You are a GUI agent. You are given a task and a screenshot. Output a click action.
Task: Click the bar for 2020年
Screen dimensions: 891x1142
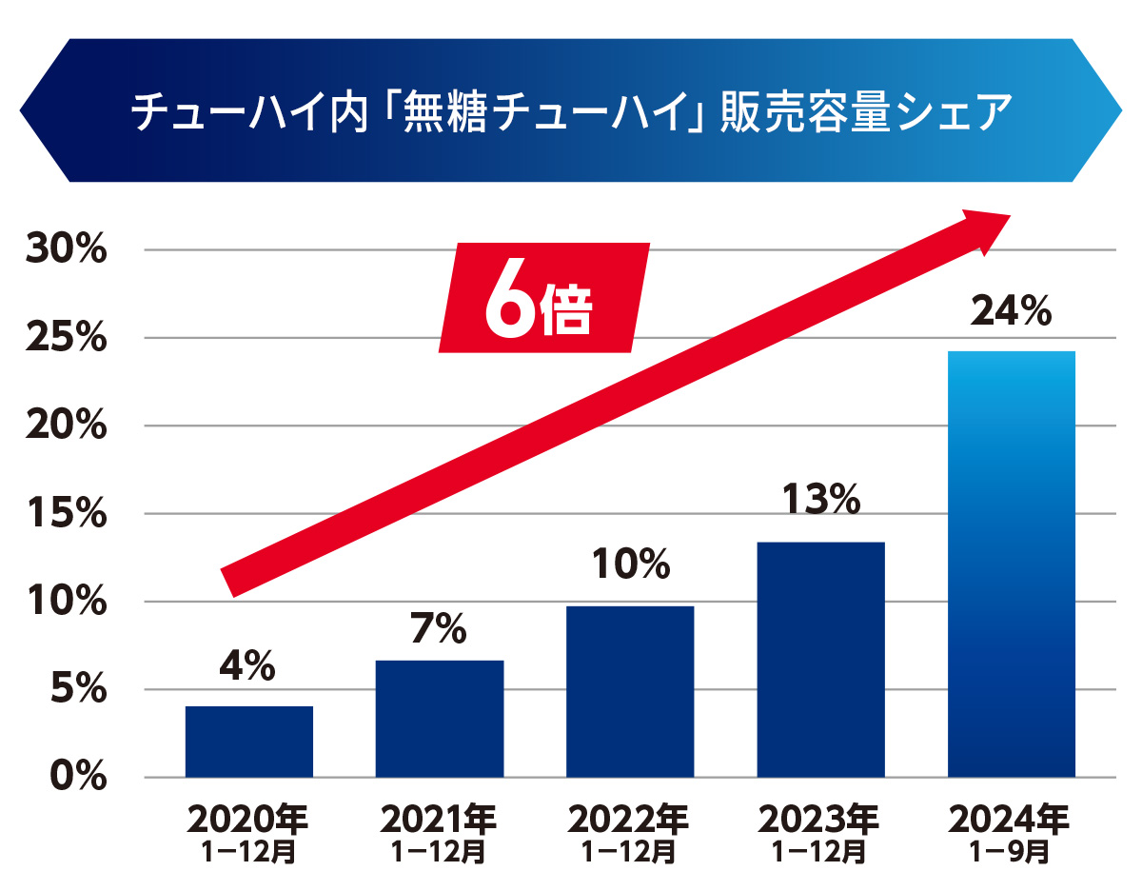pos(249,742)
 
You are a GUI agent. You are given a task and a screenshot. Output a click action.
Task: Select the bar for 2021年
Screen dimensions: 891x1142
pos(440,719)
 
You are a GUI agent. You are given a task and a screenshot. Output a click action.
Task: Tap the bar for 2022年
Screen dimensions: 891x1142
pos(630,691)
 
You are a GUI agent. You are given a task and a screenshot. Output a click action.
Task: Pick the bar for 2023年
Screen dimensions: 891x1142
pos(820,660)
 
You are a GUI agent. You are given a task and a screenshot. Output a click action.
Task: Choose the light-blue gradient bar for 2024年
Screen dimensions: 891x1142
pos(1012,564)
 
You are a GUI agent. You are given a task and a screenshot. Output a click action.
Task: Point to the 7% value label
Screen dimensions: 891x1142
pos(439,627)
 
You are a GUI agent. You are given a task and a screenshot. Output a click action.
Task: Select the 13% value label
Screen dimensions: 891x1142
pos(820,501)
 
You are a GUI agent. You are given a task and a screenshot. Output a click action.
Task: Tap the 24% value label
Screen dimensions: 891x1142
pos(1011,310)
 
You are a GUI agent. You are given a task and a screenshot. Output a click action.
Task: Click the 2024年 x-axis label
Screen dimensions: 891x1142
pos(1011,820)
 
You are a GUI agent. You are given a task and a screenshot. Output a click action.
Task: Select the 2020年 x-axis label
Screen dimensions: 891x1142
pos(249,820)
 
